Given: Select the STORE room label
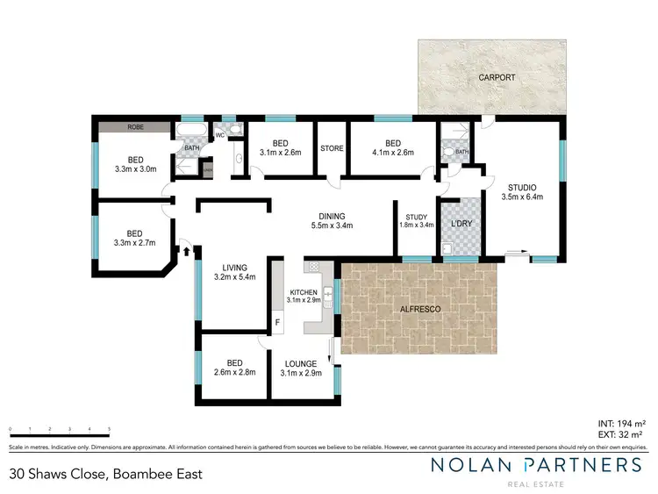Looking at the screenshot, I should tap(331, 148).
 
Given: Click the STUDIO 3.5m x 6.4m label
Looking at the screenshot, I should tap(522, 191).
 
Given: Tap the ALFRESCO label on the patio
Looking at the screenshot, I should tap(419, 311).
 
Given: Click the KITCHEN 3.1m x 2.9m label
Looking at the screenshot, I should tap(304, 294).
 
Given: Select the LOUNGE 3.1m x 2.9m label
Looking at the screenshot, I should tap(300, 368).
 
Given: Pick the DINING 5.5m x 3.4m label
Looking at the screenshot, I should tap(332, 220).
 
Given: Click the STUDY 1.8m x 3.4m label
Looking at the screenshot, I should tap(416, 220).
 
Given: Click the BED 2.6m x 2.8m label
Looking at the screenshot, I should tap(233, 368).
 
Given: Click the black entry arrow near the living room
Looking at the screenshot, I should tap(187, 251).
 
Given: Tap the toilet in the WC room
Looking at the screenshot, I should tap(240, 159).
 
